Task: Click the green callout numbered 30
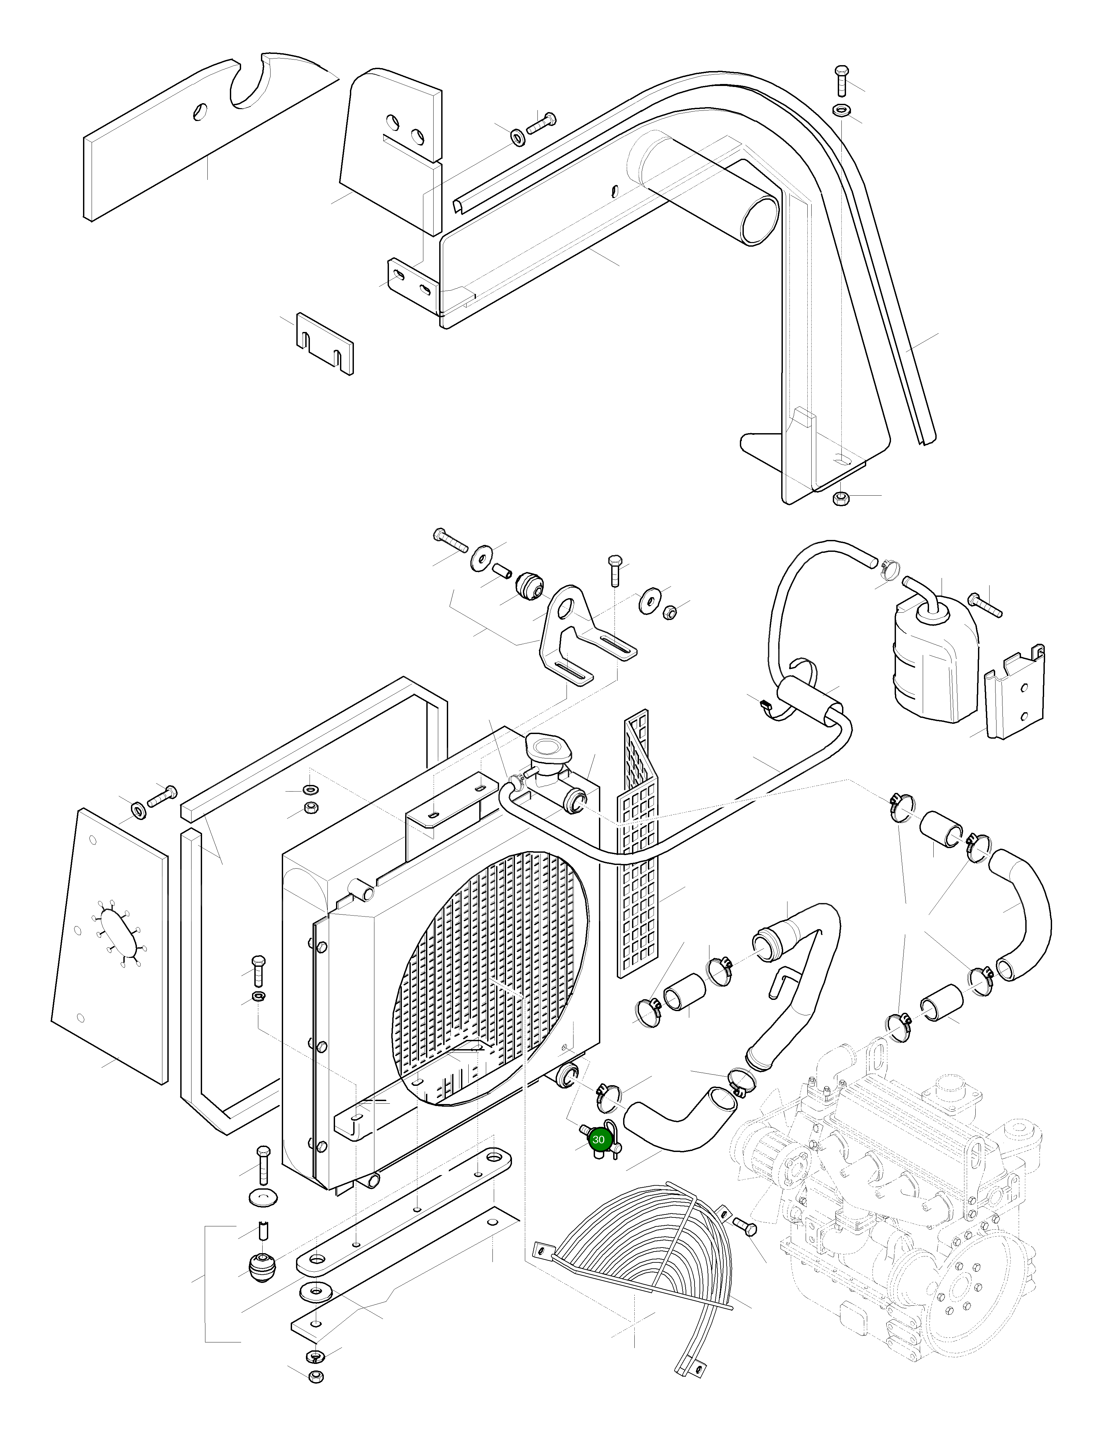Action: tap(598, 1140)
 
